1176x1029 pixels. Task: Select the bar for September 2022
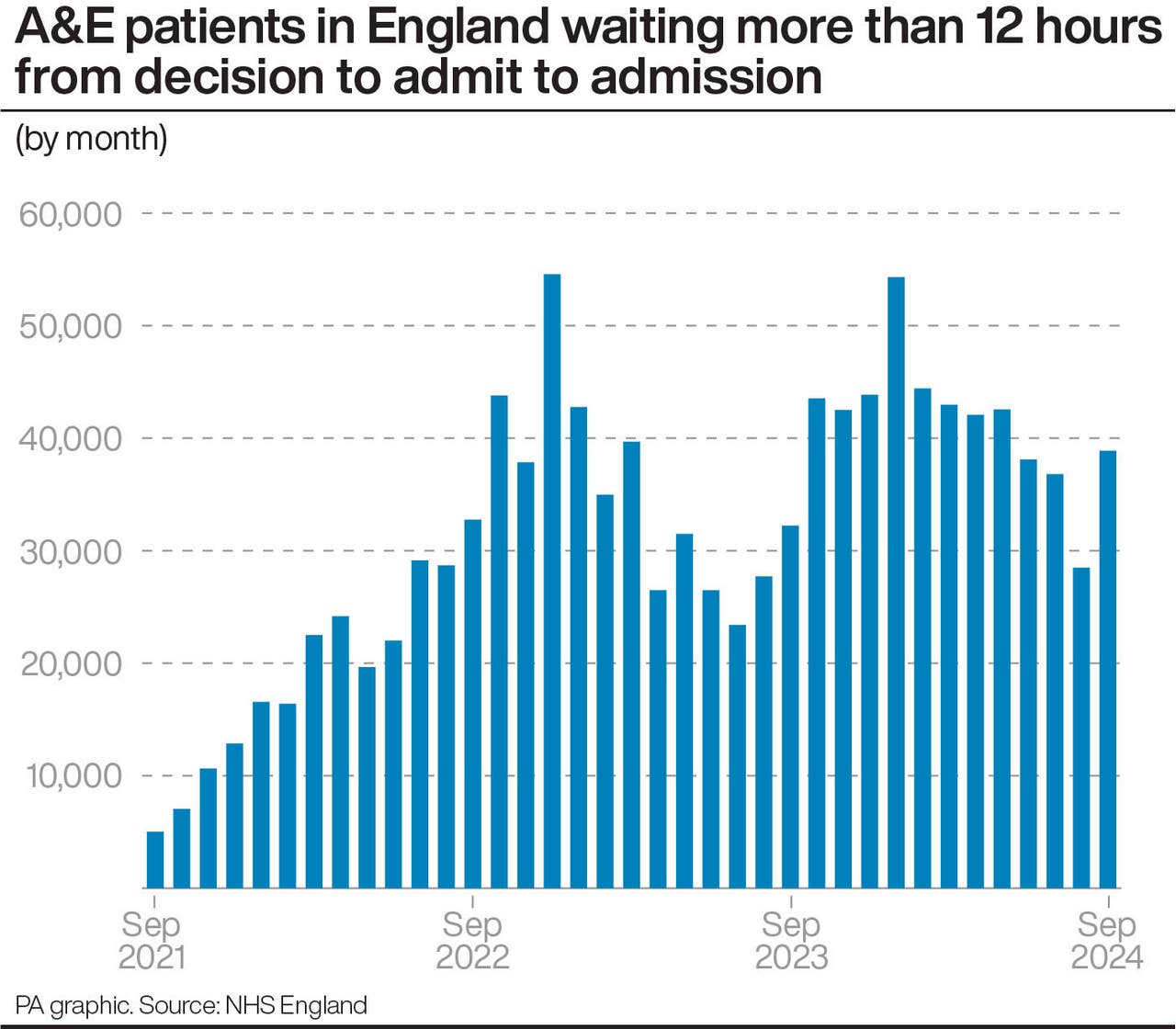pos(473,704)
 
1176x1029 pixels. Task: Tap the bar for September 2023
pos(790,707)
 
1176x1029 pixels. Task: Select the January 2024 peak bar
pos(897,582)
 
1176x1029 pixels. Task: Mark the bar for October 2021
pos(182,848)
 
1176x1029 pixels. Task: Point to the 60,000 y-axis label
pos(71,214)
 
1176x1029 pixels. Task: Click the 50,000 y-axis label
pos(71,326)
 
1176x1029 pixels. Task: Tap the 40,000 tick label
pos(71,439)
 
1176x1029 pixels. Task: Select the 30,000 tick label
pos(71,551)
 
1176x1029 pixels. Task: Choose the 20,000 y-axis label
pos(71,663)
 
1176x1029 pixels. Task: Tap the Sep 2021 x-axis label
pos(153,940)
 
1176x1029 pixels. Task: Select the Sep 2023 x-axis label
pos(791,940)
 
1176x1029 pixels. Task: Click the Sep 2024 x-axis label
pos(1107,940)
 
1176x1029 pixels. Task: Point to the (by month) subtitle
pos(91,138)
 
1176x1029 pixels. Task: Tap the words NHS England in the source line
pos(296,1005)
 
